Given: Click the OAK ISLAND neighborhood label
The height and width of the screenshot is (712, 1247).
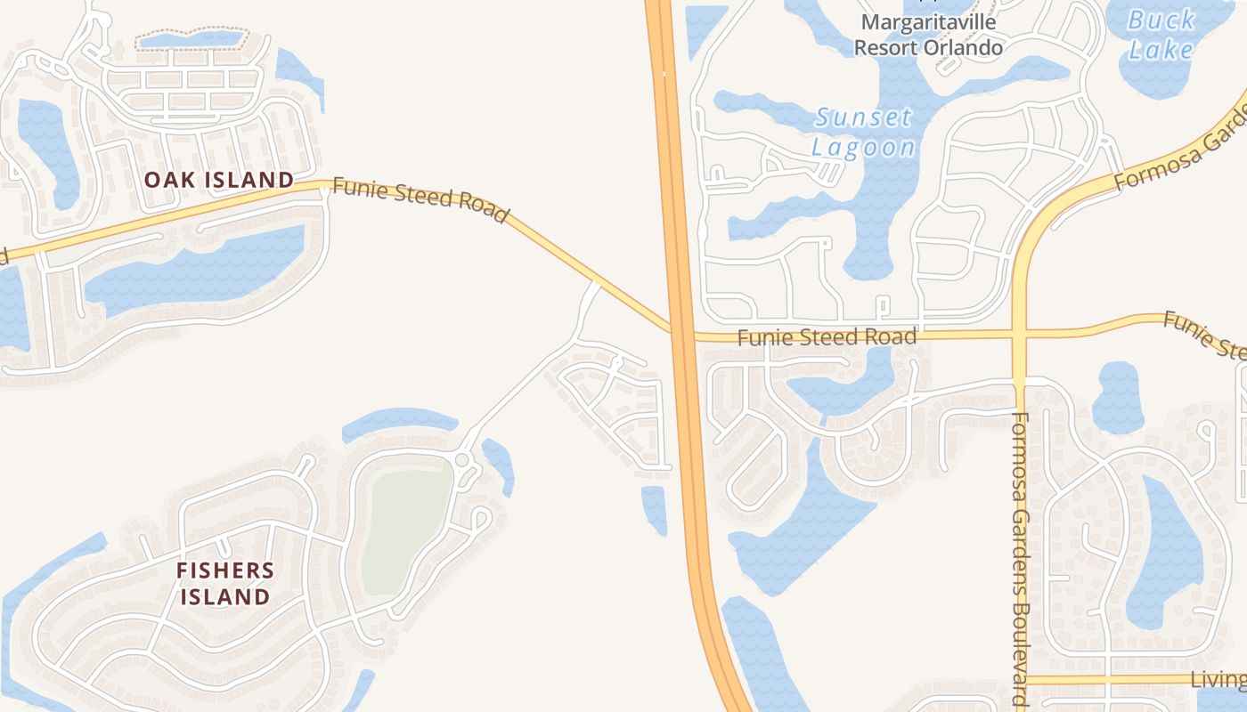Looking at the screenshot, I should [219, 180].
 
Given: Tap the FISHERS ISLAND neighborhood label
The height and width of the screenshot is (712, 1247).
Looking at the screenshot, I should [225, 583].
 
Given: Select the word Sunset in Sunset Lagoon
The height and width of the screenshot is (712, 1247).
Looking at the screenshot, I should [864, 117].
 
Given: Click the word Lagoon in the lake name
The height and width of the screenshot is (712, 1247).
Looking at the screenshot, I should [864, 147].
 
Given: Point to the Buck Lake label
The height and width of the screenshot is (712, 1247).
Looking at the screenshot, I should [1161, 34].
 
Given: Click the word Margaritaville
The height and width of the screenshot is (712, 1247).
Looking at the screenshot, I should [928, 21].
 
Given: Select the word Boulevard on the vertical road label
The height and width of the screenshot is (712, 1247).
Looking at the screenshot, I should [1021, 650].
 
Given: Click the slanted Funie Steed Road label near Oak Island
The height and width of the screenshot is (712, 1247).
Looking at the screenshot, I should [420, 200].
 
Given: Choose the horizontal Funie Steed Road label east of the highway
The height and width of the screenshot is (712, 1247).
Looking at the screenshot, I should [827, 337].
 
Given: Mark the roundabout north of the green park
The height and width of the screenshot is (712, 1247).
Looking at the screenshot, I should [461, 459].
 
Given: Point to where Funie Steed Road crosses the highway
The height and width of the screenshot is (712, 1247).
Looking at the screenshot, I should [682, 334].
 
